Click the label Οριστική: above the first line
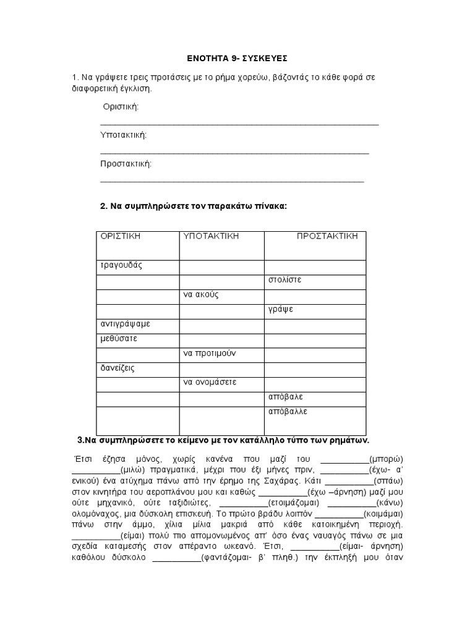click(x=121, y=107)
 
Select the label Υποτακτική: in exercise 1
click(x=124, y=135)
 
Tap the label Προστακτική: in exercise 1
click(x=126, y=164)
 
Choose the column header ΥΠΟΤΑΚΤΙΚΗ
click(x=211, y=236)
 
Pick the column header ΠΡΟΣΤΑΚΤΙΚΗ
click(x=327, y=236)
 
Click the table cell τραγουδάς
click(x=121, y=265)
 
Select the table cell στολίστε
click(x=285, y=279)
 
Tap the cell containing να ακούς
click(x=201, y=294)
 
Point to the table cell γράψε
click(x=281, y=309)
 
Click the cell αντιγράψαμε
click(x=126, y=324)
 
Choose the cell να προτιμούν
click(x=210, y=353)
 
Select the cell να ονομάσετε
click(x=210, y=382)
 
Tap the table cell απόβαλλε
click(x=288, y=411)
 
